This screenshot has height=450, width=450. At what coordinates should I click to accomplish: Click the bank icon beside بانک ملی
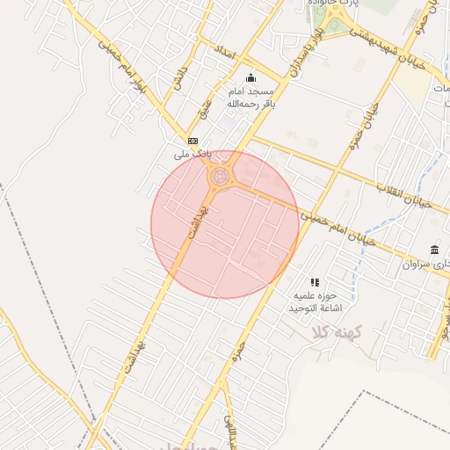192,141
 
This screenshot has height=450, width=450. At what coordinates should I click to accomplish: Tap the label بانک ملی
192,154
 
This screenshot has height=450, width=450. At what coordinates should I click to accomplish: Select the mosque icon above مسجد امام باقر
251,76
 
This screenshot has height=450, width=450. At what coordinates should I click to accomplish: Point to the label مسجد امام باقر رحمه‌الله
252,97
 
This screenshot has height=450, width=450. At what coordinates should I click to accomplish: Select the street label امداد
227,53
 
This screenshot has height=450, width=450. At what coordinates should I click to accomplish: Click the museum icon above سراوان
434,250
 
